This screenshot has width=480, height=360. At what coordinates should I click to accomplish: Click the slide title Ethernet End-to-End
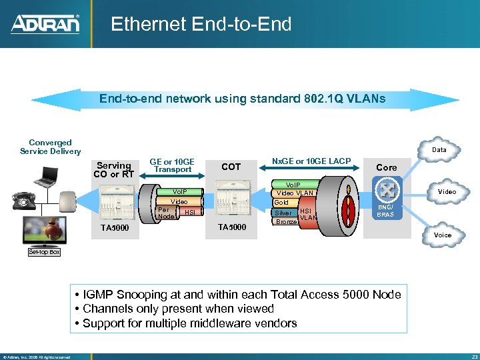(201, 25)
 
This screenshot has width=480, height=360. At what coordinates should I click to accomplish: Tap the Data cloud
(439, 151)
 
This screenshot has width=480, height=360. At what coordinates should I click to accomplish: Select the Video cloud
(446, 192)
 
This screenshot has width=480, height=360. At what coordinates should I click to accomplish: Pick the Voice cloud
(442, 235)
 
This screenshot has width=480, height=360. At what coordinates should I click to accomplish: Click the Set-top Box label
(44, 252)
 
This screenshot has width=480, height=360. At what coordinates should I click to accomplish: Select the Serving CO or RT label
(115, 170)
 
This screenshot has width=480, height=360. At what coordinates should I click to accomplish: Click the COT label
(231, 167)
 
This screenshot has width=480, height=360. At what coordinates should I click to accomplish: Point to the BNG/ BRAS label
(385, 211)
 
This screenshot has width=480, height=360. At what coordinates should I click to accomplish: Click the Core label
(387, 167)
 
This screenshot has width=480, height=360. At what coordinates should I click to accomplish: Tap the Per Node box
(165, 212)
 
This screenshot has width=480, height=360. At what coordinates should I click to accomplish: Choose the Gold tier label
(282, 202)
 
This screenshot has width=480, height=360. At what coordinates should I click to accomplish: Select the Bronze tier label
(286, 221)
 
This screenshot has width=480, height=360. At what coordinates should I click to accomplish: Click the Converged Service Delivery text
(51, 147)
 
